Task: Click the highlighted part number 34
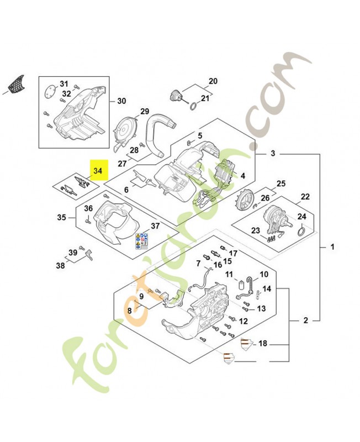[x=98, y=171]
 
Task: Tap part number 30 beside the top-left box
[x=121, y=101]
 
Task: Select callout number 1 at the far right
[x=332, y=246]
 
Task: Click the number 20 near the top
[x=213, y=80]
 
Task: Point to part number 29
[x=145, y=112]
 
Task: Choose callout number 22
[x=305, y=197]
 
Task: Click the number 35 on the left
[x=62, y=218]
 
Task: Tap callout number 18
[x=263, y=344]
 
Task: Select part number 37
[x=155, y=225]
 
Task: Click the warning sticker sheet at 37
[x=141, y=240]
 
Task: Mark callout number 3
[x=273, y=154]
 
